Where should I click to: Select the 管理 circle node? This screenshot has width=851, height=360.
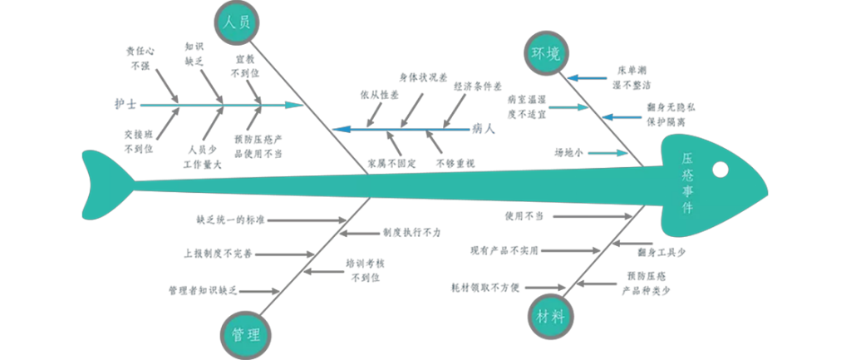click(x=246, y=335)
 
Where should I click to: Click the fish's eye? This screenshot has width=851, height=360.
click(x=720, y=170)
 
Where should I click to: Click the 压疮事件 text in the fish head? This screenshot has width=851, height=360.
click(x=687, y=182)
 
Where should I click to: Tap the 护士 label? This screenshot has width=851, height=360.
click(x=126, y=106)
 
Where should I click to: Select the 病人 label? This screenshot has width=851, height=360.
click(x=484, y=129)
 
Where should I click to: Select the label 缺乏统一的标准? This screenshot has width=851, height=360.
click(x=229, y=220)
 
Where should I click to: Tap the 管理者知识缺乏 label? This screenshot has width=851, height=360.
click(x=203, y=291)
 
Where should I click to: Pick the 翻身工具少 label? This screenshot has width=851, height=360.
click(x=662, y=251)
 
